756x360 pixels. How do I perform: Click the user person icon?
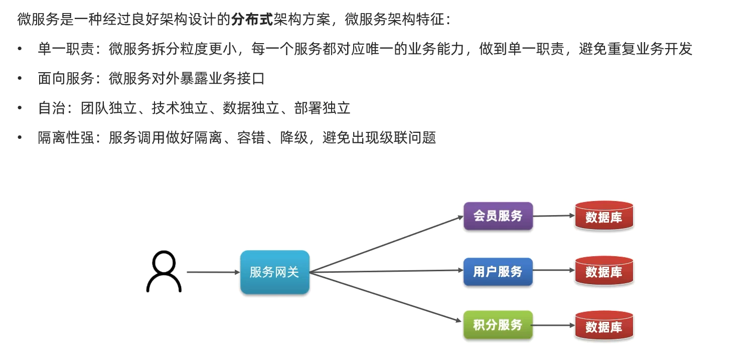point(164,272)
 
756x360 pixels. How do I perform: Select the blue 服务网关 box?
point(274,272)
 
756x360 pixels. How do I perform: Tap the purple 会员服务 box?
point(498,216)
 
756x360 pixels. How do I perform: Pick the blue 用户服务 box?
point(498,272)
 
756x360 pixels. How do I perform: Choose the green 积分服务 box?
point(498,325)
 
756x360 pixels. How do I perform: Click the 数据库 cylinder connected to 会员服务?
point(604,216)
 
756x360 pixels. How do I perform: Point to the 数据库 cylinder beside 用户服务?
point(604,271)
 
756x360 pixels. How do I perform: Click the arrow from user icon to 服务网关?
point(213,272)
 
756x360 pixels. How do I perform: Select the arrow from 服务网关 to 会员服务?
point(386,244)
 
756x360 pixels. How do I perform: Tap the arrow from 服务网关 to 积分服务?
point(386,297)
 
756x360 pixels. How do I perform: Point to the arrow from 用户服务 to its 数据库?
point(553,270)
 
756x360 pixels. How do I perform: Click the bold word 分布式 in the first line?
point(251,20)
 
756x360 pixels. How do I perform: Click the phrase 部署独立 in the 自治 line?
point(322,108)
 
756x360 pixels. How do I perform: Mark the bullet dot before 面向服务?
point(20,78)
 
